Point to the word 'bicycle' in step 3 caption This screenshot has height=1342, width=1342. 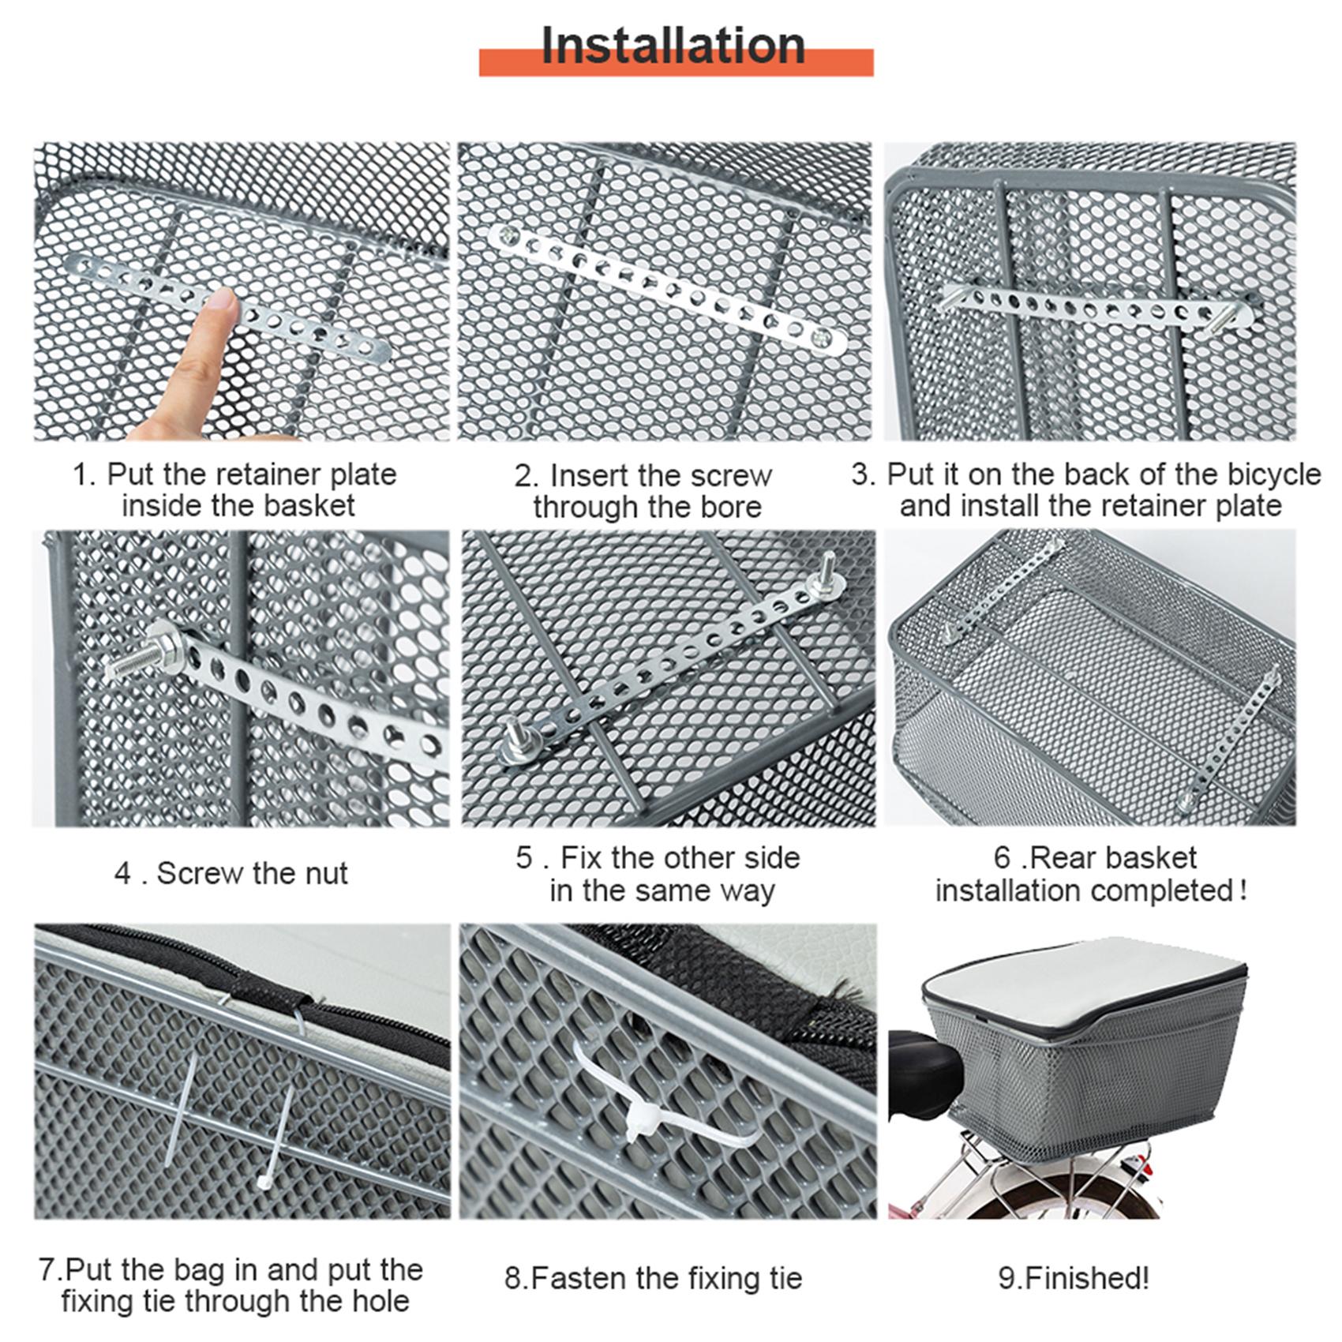tap(1270, 474)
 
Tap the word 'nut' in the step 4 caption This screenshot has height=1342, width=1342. tap(324, 873)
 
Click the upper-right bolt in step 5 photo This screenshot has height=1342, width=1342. tap(828, 575)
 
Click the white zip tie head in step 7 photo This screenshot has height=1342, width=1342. tap(263, 1182)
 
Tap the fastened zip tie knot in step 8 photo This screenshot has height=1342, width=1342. tap(636, 1115)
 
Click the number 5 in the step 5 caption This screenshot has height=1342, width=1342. tap(525, 858)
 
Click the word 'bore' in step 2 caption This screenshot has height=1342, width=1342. tap(732, 507)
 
